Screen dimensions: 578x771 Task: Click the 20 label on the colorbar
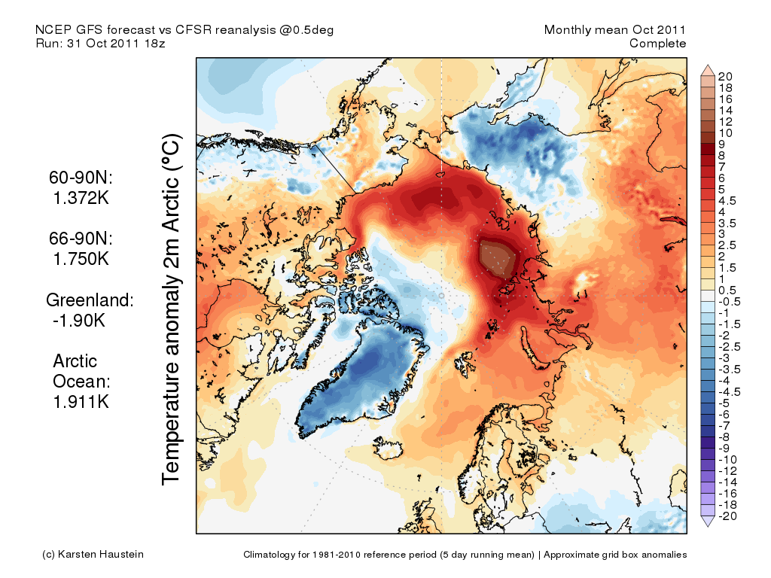[726, 77]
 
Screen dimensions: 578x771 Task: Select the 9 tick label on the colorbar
[722, 144]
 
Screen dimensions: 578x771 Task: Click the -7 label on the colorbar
[724, 425]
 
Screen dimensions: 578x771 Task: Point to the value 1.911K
[81, 402]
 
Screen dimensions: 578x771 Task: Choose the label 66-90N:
[78, 238]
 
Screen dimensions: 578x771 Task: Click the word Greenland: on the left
[90, 300]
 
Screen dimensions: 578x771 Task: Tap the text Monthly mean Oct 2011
[615, 30]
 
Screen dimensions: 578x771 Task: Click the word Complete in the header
[657, 44]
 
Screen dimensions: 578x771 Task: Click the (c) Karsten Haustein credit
[93, 555]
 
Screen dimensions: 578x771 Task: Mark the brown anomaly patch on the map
[498, 258]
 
